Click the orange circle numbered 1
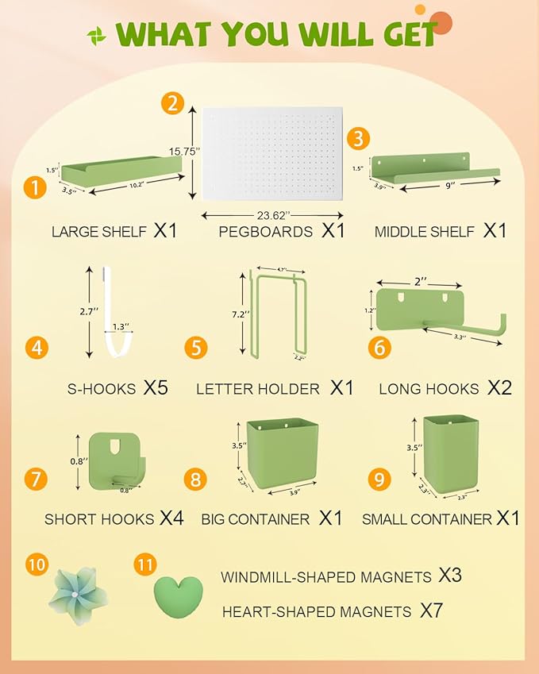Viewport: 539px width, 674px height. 33,187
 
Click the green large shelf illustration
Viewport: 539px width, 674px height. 123,168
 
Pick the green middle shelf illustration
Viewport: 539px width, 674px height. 437,168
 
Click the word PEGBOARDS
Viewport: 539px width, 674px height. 265,232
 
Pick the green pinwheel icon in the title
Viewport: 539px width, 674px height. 96,35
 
